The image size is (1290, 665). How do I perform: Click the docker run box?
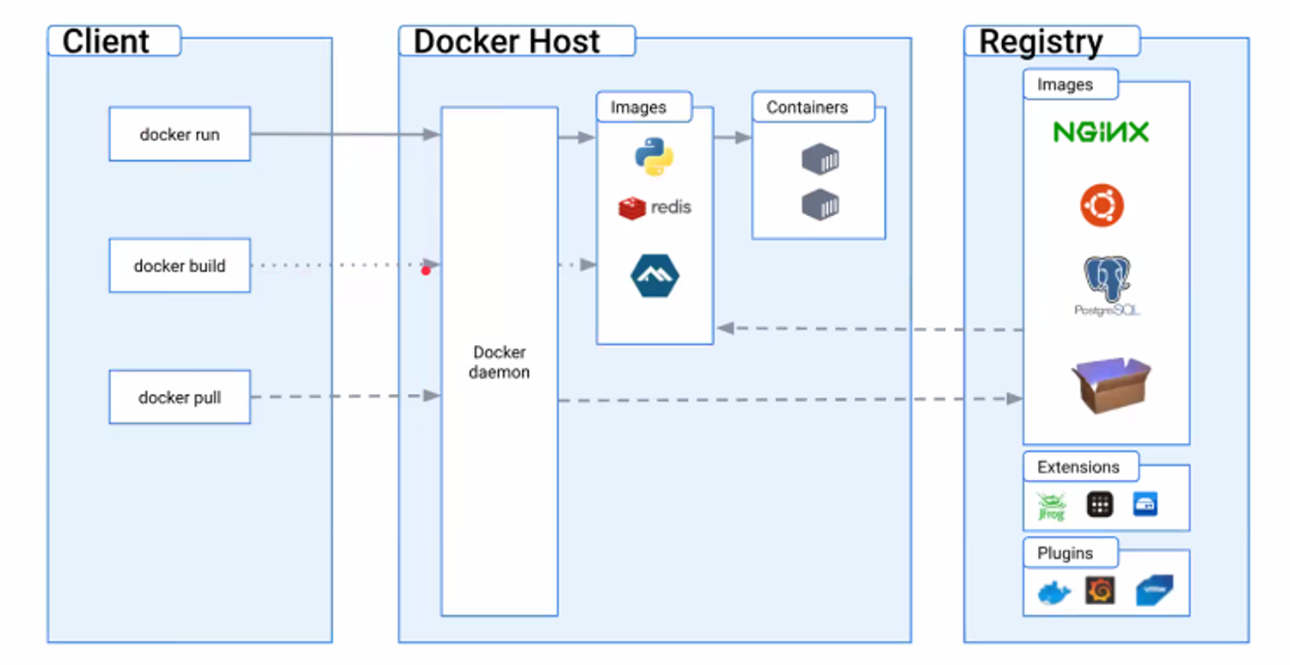coord(179,134)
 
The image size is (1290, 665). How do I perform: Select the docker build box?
coord(179,266)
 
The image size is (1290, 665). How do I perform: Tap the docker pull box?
coord(179,397)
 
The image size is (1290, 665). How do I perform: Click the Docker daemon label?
coord(500,363)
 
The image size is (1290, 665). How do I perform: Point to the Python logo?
coord(654,157)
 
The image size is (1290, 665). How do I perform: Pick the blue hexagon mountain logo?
coord(654,275)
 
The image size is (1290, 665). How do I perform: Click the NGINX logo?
coord(1102,132)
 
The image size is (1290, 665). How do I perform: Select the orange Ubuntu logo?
coord(1102,206)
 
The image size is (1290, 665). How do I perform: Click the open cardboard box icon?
coord(1111,384)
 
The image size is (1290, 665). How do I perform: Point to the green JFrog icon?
coord(1051,506)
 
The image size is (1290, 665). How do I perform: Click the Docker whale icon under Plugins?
coord(1053,593)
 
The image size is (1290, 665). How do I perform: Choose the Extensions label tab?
coord(1079,467)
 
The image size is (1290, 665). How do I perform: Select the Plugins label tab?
coord(1066,553)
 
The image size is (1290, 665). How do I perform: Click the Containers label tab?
coord(808,108)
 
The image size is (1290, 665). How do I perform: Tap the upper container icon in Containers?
coord(820,159)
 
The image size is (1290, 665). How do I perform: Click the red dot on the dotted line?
coord(426,271)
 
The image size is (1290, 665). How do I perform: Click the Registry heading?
coord(1041,41)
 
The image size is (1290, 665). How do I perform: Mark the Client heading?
coord(106,41)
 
